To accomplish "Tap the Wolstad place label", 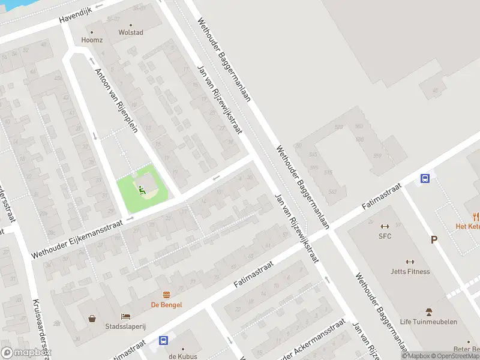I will [x=131, y=32].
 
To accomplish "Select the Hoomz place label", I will [x=92, y=40].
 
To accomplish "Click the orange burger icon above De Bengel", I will [x=166, y=294].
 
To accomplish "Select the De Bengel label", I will [x=166, y=305].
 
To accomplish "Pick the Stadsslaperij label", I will [x=127, y=326].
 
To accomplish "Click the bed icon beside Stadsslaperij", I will [x=125, y=316].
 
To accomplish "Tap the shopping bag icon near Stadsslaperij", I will [x=92, y=319].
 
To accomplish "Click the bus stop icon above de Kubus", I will [x=163, y=341].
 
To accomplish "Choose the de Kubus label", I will [x=182, y=356].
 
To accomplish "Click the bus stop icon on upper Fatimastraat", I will [x=425, y=178].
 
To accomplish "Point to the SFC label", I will [x=385, y=236].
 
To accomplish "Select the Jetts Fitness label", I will [x=410, y=271].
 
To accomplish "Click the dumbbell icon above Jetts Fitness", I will [x=410, y=262].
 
